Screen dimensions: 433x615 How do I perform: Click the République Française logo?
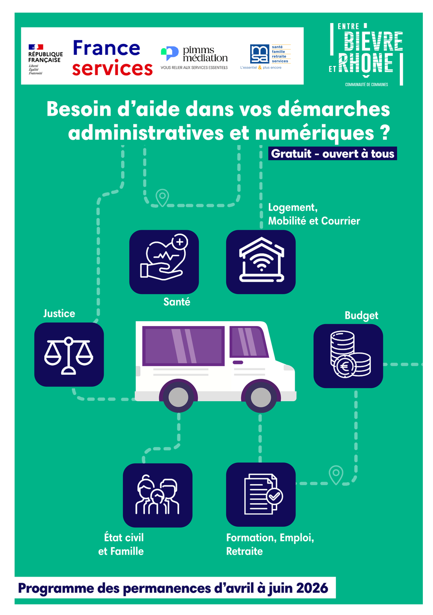(46, 59)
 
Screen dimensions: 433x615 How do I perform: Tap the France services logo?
(113, 58)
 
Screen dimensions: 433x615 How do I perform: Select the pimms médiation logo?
(194, 58)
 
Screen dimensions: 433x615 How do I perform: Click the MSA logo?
(266, 57)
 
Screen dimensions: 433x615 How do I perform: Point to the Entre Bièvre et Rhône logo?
(366, 54)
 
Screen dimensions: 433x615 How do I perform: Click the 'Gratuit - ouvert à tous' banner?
(332, 154)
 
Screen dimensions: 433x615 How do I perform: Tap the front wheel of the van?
(261, 397)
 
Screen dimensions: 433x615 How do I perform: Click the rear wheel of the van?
(178, 397)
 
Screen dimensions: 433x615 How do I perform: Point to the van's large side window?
(183, 346)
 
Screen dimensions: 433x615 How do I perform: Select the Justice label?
(59, 314)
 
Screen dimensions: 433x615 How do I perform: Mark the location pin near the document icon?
(336, 475)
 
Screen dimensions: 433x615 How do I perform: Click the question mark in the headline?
(385, 133)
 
